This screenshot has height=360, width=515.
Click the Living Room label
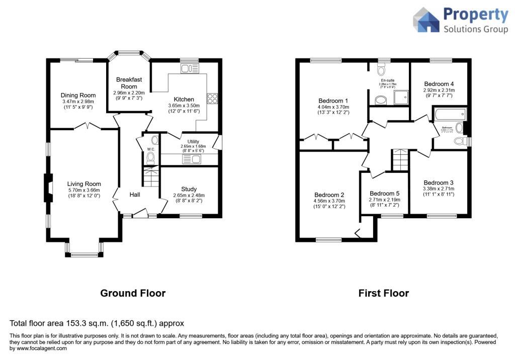pyautogui.click(x=84, y=184)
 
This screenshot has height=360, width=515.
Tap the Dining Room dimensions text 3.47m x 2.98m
pyautogui.click(x=78, y=102)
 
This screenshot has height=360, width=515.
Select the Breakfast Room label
pyautogui.click(x=129, y=83)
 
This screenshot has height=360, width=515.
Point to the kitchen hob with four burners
pyautogui.click(x=212, y=99)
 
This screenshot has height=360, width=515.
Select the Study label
pyautogui.click(x=189, y=189)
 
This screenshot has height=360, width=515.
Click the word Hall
pyautogui.click(x=134, y=195)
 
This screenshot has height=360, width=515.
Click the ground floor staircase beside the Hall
pyautogui.click(x=151, y=177)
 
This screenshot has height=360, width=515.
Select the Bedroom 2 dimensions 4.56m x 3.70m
pyautogui.click(x=329, y=202)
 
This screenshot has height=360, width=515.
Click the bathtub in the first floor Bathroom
pyautogui.click(x=450, y=115)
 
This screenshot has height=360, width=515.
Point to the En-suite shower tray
pyautogui.click(x=402, y=99)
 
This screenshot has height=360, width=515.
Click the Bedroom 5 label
pyautogui.click(x=384, y=194)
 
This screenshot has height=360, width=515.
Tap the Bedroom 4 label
pyautogui.click(x=439, y=84)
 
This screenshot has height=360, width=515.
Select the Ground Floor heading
pyautogui.click(x=133, y=293)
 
